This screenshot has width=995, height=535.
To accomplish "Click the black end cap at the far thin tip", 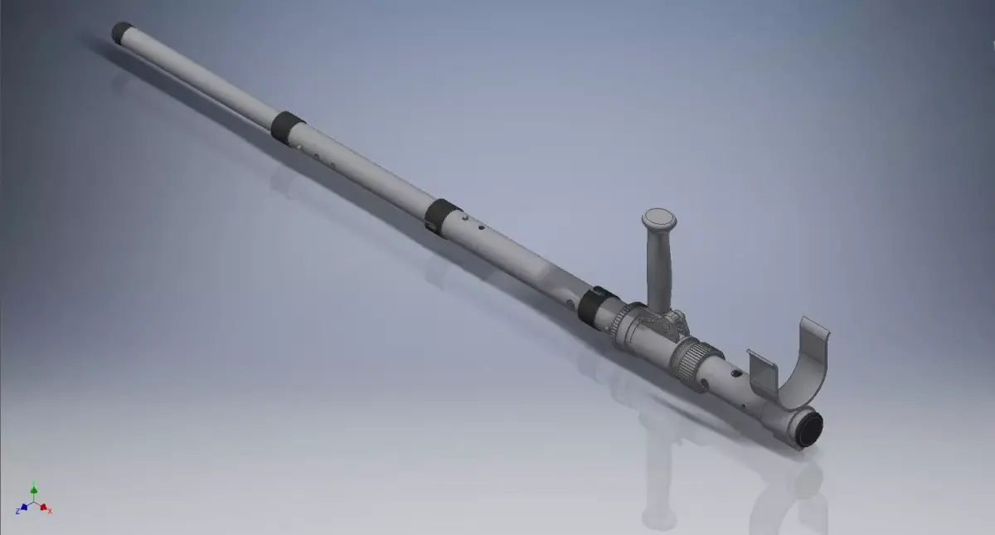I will tap(124, 32).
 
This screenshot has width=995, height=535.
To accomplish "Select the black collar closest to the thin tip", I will tap(288, 124).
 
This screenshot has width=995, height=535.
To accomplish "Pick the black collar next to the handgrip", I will tap(595, 305).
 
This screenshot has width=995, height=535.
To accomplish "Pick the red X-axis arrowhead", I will tap(44, 507).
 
